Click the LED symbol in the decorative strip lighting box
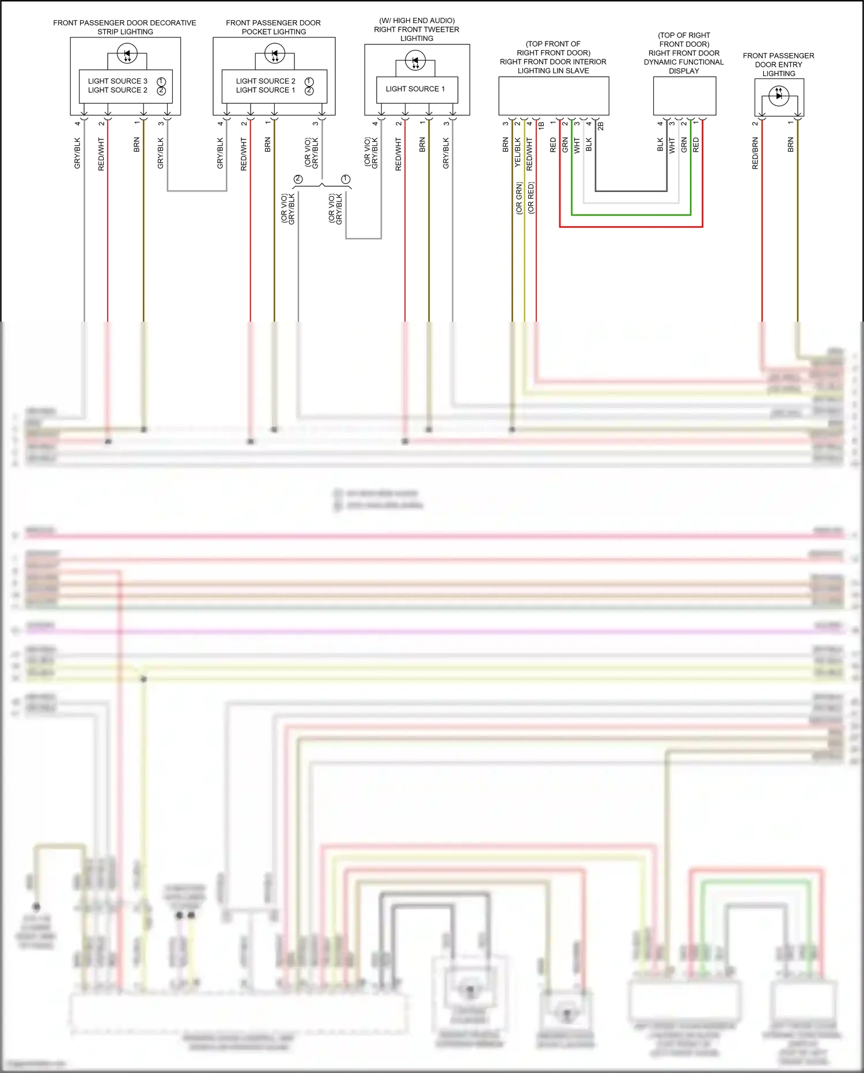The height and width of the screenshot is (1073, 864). click(127, 55)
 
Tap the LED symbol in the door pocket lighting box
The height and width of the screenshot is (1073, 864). click(275, 55)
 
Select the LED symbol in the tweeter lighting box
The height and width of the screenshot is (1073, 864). click(415, 60)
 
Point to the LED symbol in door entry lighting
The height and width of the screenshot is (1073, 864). click(779, 95)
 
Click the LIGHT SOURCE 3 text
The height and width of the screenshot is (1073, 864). click(118, 81)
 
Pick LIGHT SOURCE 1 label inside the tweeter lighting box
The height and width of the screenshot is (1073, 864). click(415, 89)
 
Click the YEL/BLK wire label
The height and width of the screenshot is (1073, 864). click(518, 152)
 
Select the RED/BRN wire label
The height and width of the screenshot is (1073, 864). click(755, 153)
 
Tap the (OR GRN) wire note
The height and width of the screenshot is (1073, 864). click(519, 198)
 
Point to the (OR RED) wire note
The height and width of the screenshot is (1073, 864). click(531, 198)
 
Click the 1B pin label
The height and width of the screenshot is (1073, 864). click(541, 125)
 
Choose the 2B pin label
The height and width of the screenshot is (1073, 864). click(601, 126)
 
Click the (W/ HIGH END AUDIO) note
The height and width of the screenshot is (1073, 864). click(417, 21)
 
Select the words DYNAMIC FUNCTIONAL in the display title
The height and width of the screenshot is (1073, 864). click(684, 62)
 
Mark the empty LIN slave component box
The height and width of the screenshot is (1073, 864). click(554, 96)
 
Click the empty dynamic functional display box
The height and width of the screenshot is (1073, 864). click(684, 96)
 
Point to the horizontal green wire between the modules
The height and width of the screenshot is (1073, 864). click(631, 215)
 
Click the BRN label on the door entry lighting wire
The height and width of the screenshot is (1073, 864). click(791, 145)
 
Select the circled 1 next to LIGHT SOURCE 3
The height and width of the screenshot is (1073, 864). click(161, 81)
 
